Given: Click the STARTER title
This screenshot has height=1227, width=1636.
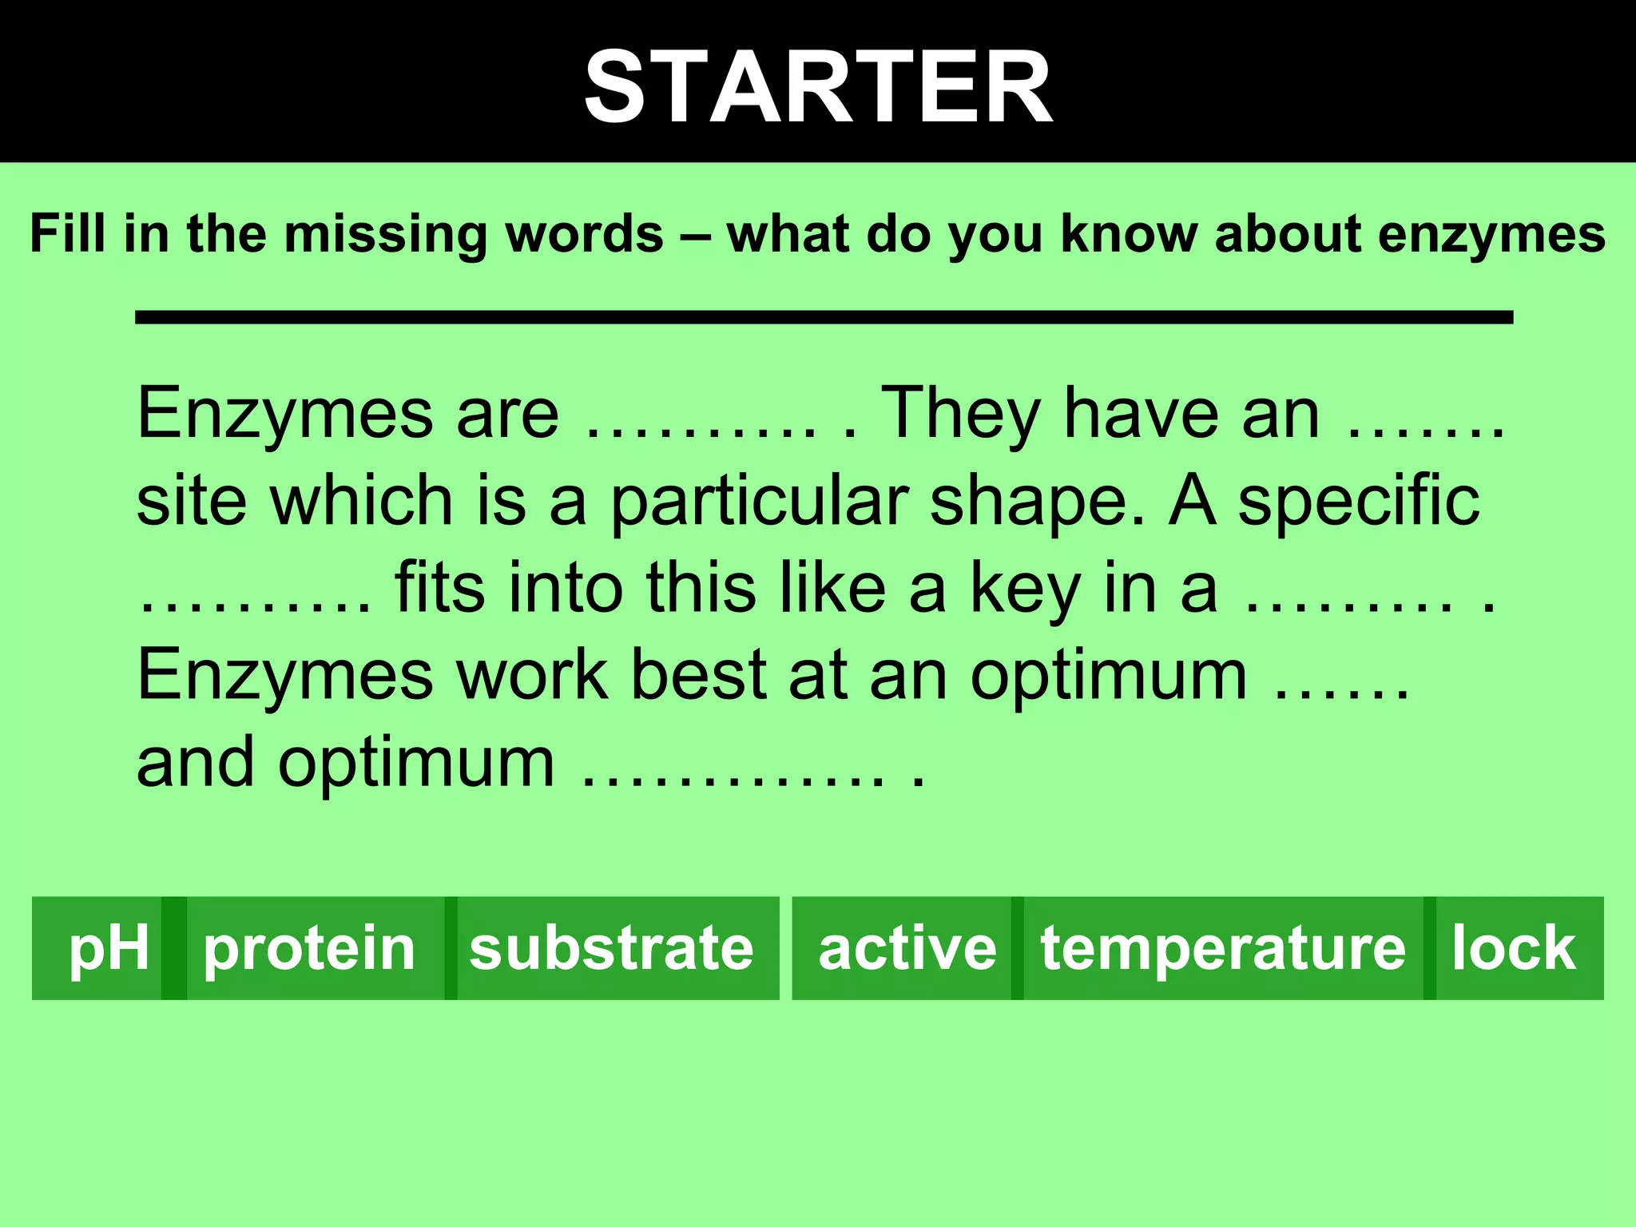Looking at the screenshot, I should pyautogui.click(x=818, y=86).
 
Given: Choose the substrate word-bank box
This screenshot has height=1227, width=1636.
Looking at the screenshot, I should pyautogui.click(x=612, y=948).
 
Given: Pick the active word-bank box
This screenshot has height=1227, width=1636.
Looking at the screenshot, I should pyautogui.click(x=907, y=948).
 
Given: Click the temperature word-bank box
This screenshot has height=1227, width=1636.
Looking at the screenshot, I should pyautogui.click(x=1222, y=948).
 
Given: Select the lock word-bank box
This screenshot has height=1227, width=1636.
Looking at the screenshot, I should pyautogui.click(x=1514, y=948).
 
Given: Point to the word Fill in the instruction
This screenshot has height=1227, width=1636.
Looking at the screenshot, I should pyautogui.click(x=67, y=233).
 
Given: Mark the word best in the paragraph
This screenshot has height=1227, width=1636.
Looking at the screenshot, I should pyautogui.click(x=699, y=675).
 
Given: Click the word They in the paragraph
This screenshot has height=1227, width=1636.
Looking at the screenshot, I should pyautogui.click(x=959, y=414).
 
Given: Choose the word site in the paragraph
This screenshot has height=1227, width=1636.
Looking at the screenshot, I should pyautogui.click(x=192, y=501).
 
